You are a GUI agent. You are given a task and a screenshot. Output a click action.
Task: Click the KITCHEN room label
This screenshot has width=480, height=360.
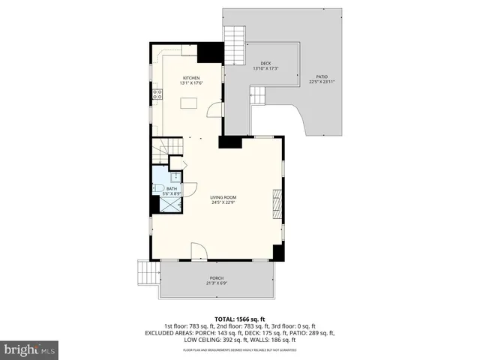[x=191, y=78]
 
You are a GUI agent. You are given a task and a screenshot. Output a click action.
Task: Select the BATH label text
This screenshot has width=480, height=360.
[x=171, y=189]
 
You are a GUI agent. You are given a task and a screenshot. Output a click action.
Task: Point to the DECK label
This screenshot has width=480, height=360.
[x=265, y=63]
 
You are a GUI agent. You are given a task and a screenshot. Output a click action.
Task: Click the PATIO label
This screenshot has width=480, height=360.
[x=321, y=76]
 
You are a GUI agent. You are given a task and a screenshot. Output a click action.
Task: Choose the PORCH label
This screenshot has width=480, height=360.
[x=217, y=278]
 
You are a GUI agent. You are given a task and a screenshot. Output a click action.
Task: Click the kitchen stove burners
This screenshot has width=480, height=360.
[x=158, y=94]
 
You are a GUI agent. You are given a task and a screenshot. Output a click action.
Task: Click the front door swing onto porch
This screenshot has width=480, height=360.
[x=198, y=251]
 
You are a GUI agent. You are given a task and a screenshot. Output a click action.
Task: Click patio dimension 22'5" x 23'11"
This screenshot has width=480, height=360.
[x=321, y=82]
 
